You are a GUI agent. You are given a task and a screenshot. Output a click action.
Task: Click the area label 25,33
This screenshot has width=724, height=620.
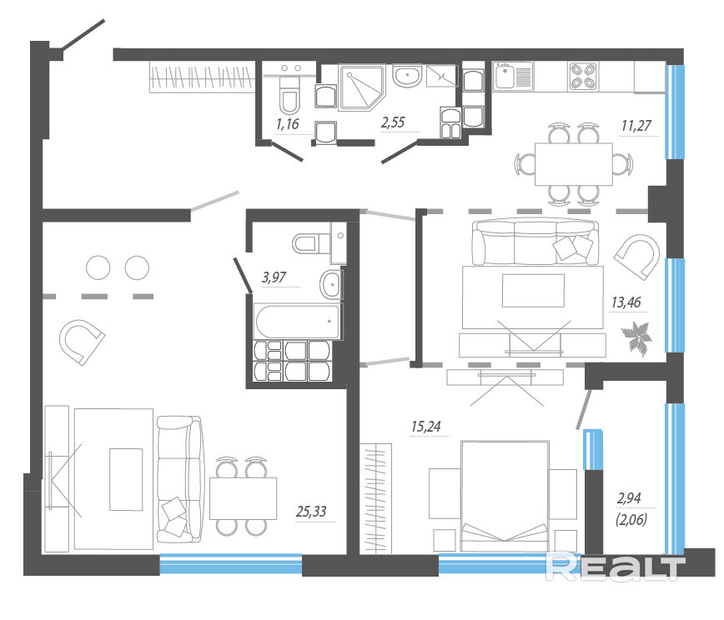311,511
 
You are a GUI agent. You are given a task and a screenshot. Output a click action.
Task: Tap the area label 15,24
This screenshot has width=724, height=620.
425,427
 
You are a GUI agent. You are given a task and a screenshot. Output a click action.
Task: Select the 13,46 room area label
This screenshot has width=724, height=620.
626,302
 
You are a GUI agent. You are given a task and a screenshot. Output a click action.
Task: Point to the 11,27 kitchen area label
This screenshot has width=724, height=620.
636,126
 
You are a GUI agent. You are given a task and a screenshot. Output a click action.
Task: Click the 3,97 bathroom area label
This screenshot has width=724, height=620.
274,277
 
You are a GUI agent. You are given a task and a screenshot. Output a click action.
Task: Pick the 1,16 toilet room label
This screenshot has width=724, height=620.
287,123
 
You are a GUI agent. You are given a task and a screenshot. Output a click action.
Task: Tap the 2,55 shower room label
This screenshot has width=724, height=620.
393,122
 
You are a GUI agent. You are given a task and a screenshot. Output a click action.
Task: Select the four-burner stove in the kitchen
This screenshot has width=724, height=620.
583,76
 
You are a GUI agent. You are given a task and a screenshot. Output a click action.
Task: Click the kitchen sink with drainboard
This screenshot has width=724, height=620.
513,76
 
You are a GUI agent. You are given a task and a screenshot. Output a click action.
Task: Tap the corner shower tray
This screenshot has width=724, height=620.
361,87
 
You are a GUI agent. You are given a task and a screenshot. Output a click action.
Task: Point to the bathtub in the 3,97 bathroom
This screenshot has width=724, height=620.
297,321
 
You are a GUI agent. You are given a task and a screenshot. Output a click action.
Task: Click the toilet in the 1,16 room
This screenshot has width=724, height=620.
289,94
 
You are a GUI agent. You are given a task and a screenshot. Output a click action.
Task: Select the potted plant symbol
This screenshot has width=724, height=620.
636,338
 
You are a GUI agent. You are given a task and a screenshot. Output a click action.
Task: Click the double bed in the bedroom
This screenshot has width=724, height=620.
505,496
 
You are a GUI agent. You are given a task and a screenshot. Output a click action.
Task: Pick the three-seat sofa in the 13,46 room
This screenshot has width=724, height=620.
536,242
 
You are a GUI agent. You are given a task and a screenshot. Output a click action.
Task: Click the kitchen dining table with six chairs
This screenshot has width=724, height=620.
574,164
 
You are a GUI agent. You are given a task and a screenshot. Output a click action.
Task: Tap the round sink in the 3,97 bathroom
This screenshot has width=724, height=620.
331,285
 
